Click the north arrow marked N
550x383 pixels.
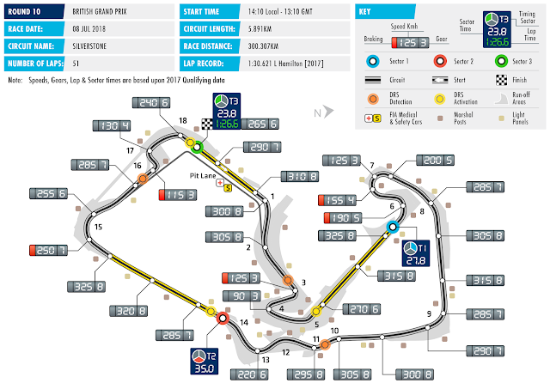pos(317,112)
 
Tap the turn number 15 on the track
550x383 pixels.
pos(98,227)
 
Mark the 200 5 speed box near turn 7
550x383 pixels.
pos(437,160)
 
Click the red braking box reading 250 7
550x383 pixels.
pos(47,250)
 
